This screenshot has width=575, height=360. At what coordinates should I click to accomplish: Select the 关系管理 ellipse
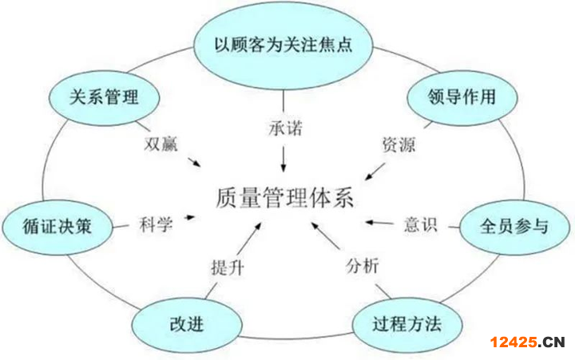pos(103,97)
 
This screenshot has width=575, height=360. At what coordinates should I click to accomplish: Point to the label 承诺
pos(284,128)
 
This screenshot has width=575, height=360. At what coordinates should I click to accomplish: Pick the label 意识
pos(420,224)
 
